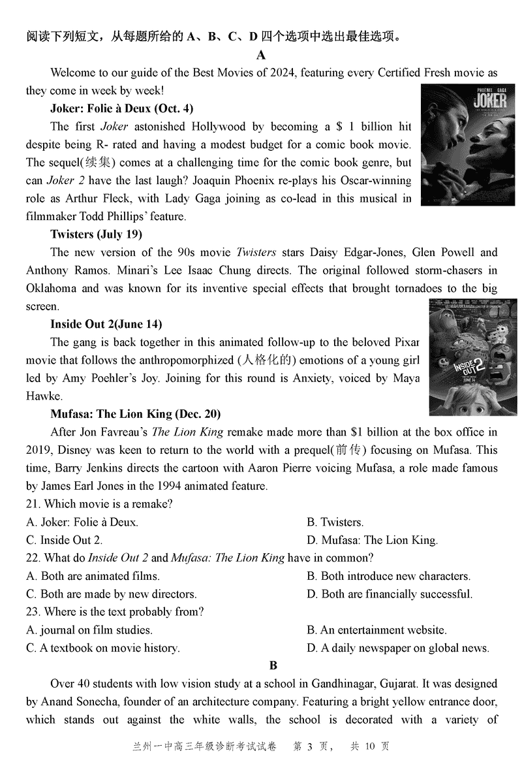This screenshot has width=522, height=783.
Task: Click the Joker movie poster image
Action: tap(459, 146)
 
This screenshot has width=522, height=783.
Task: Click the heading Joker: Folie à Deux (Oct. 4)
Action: tap(121, 108)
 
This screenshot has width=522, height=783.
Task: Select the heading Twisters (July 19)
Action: tap(96, 234)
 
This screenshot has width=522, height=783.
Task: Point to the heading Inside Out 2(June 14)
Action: tap(106, 324)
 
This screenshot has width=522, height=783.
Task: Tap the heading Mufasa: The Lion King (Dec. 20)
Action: tap(135, 413)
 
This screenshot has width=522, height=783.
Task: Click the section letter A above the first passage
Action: tap(261, 55)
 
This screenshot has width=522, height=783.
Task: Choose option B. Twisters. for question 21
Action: tap(335, 522)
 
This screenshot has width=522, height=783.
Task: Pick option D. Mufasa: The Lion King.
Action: tap(372, 540)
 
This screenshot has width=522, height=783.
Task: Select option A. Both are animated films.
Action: tap(93, 576)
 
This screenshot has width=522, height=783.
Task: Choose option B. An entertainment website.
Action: tap(376, 630)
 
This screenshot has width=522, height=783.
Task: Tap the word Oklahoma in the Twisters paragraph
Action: tap(52, 288)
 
